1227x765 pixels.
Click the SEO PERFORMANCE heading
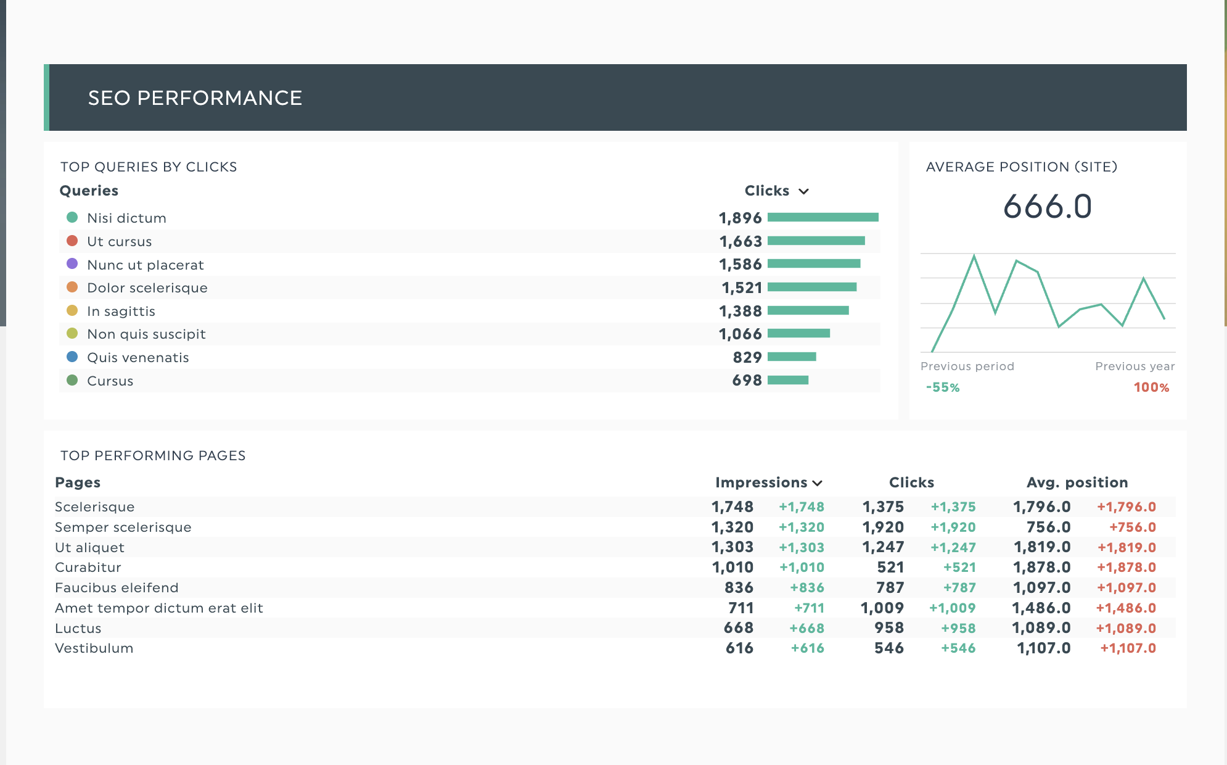click(195, 98)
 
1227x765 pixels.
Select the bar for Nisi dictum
click(823, 217)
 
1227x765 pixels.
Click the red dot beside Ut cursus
click(72, 241)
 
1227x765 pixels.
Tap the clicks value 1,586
click(740, 265)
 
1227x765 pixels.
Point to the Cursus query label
click(110, 381)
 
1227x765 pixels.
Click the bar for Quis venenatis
click(792, 357)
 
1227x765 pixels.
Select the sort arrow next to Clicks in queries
click(803, 191)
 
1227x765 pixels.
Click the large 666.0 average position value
click(1047, 207)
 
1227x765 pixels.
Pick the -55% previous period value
click(943, 387)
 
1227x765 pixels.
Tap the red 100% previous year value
click(1151, 387)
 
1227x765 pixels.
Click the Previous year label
click(1135, 366)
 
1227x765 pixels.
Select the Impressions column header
click(761, 482)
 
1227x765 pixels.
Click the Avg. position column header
click(1077, 482)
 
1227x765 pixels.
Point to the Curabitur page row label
click(88, 568)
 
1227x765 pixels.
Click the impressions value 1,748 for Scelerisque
click(732, 507)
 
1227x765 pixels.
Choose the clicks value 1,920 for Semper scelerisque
click(883, 527)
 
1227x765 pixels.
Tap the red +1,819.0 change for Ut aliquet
click(1126, 548)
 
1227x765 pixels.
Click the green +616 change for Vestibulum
click(807, 648)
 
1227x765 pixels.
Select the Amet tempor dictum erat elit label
click(158, 608)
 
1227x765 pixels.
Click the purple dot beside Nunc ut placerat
click(72, 264)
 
